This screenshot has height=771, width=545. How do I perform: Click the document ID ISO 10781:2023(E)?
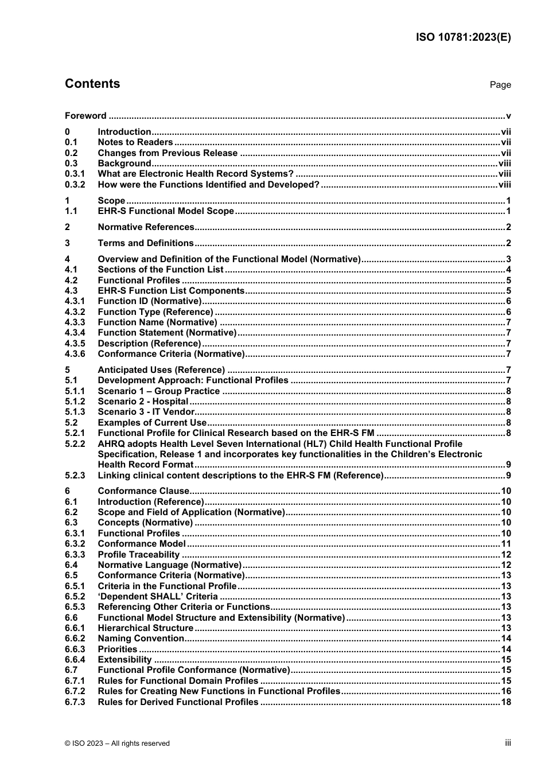click(463, 37)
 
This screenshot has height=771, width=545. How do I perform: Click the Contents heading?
click(92, 84)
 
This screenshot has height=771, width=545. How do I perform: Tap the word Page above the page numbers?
click(500, 85)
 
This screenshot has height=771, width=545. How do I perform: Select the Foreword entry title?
click(85, 116)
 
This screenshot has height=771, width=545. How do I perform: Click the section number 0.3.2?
click(75, 185)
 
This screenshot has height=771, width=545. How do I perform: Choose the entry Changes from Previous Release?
click(168, 153)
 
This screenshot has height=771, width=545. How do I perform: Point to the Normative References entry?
click(146, 227)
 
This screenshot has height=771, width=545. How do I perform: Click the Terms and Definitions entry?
click(146, 243)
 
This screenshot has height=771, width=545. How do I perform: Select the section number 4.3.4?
click(75, 333)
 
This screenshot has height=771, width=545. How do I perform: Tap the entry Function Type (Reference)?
click(155, 312)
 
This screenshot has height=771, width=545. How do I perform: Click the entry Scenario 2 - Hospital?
click(143, 402)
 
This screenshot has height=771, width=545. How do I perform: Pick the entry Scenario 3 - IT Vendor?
click(146, 412)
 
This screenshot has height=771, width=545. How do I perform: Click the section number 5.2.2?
click(75, 444)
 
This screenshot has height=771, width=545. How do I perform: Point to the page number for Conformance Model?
click(505, 544)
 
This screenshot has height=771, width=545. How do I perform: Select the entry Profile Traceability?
click(139, 555)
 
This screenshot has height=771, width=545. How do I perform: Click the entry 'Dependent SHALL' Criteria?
click(158, 597)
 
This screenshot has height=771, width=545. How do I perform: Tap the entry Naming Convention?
click(141, 638)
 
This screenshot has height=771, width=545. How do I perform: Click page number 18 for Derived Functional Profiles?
click(505, 702)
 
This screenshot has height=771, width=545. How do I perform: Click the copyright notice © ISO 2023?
click(117, 743)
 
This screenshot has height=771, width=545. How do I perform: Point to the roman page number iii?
click(508, 743)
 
